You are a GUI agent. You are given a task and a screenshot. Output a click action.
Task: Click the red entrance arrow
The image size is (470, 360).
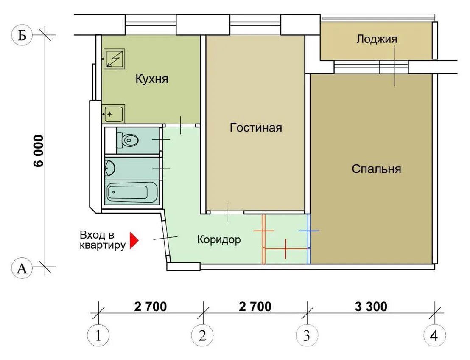point(134,240)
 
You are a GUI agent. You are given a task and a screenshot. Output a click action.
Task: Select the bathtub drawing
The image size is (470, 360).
point(132,192)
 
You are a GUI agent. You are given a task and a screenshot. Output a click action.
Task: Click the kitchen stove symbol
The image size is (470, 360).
point(114,59)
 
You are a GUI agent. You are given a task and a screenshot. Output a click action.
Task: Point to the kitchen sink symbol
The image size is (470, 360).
point(113,113)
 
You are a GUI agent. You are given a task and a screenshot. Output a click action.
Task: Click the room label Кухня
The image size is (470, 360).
point(152,79)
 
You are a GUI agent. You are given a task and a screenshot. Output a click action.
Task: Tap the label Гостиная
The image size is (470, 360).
point(256,128)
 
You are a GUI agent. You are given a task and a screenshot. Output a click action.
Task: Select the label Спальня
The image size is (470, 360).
point(376,169)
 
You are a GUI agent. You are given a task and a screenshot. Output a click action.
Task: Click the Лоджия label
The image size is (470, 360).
point(377,39)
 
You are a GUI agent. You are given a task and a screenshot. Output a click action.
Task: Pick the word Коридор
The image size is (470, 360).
point(219,240)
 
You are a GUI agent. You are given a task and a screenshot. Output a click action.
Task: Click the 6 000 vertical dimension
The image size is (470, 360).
point(39,151)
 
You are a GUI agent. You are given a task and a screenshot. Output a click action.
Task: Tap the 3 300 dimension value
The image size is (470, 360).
point(371,307)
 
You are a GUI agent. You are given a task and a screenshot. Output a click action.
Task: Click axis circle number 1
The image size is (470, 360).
point(98,335)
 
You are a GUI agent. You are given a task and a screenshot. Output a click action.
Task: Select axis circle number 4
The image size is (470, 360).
point(435,335)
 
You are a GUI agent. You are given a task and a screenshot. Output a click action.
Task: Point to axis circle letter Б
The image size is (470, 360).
point(22,36)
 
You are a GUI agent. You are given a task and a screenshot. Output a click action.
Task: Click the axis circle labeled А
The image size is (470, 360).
point(22,268)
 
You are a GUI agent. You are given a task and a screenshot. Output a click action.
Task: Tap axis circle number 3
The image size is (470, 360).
point(307,335)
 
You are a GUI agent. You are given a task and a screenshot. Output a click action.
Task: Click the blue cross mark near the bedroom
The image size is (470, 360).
point(309,231)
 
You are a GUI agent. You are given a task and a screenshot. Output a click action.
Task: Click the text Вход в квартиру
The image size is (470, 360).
point(103,240)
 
